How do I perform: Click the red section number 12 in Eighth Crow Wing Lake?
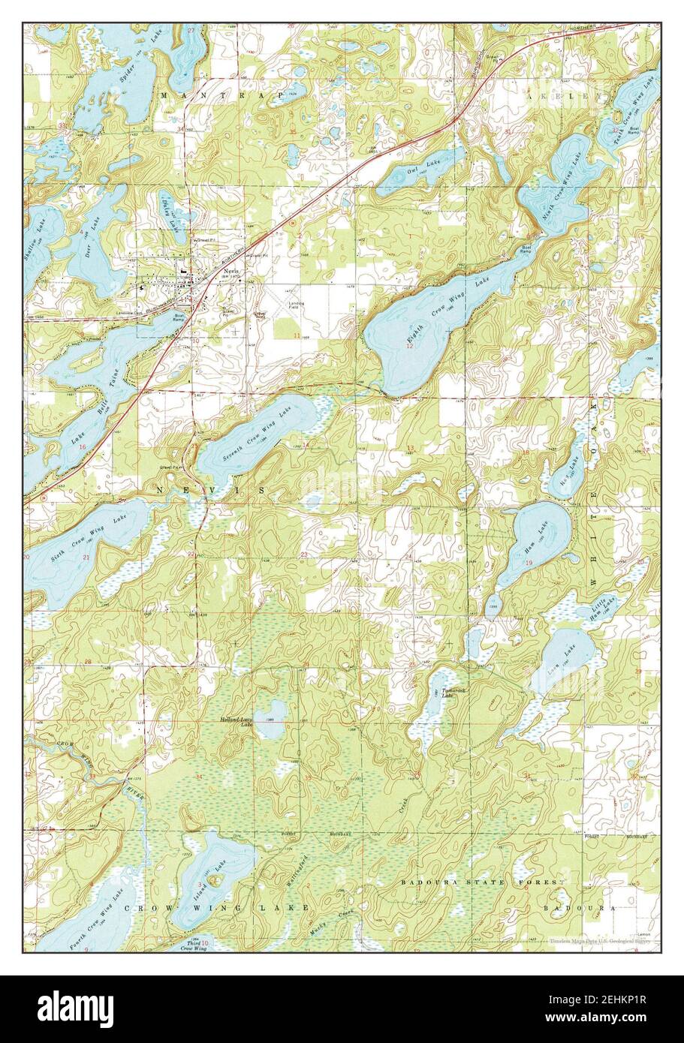(410, 347)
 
